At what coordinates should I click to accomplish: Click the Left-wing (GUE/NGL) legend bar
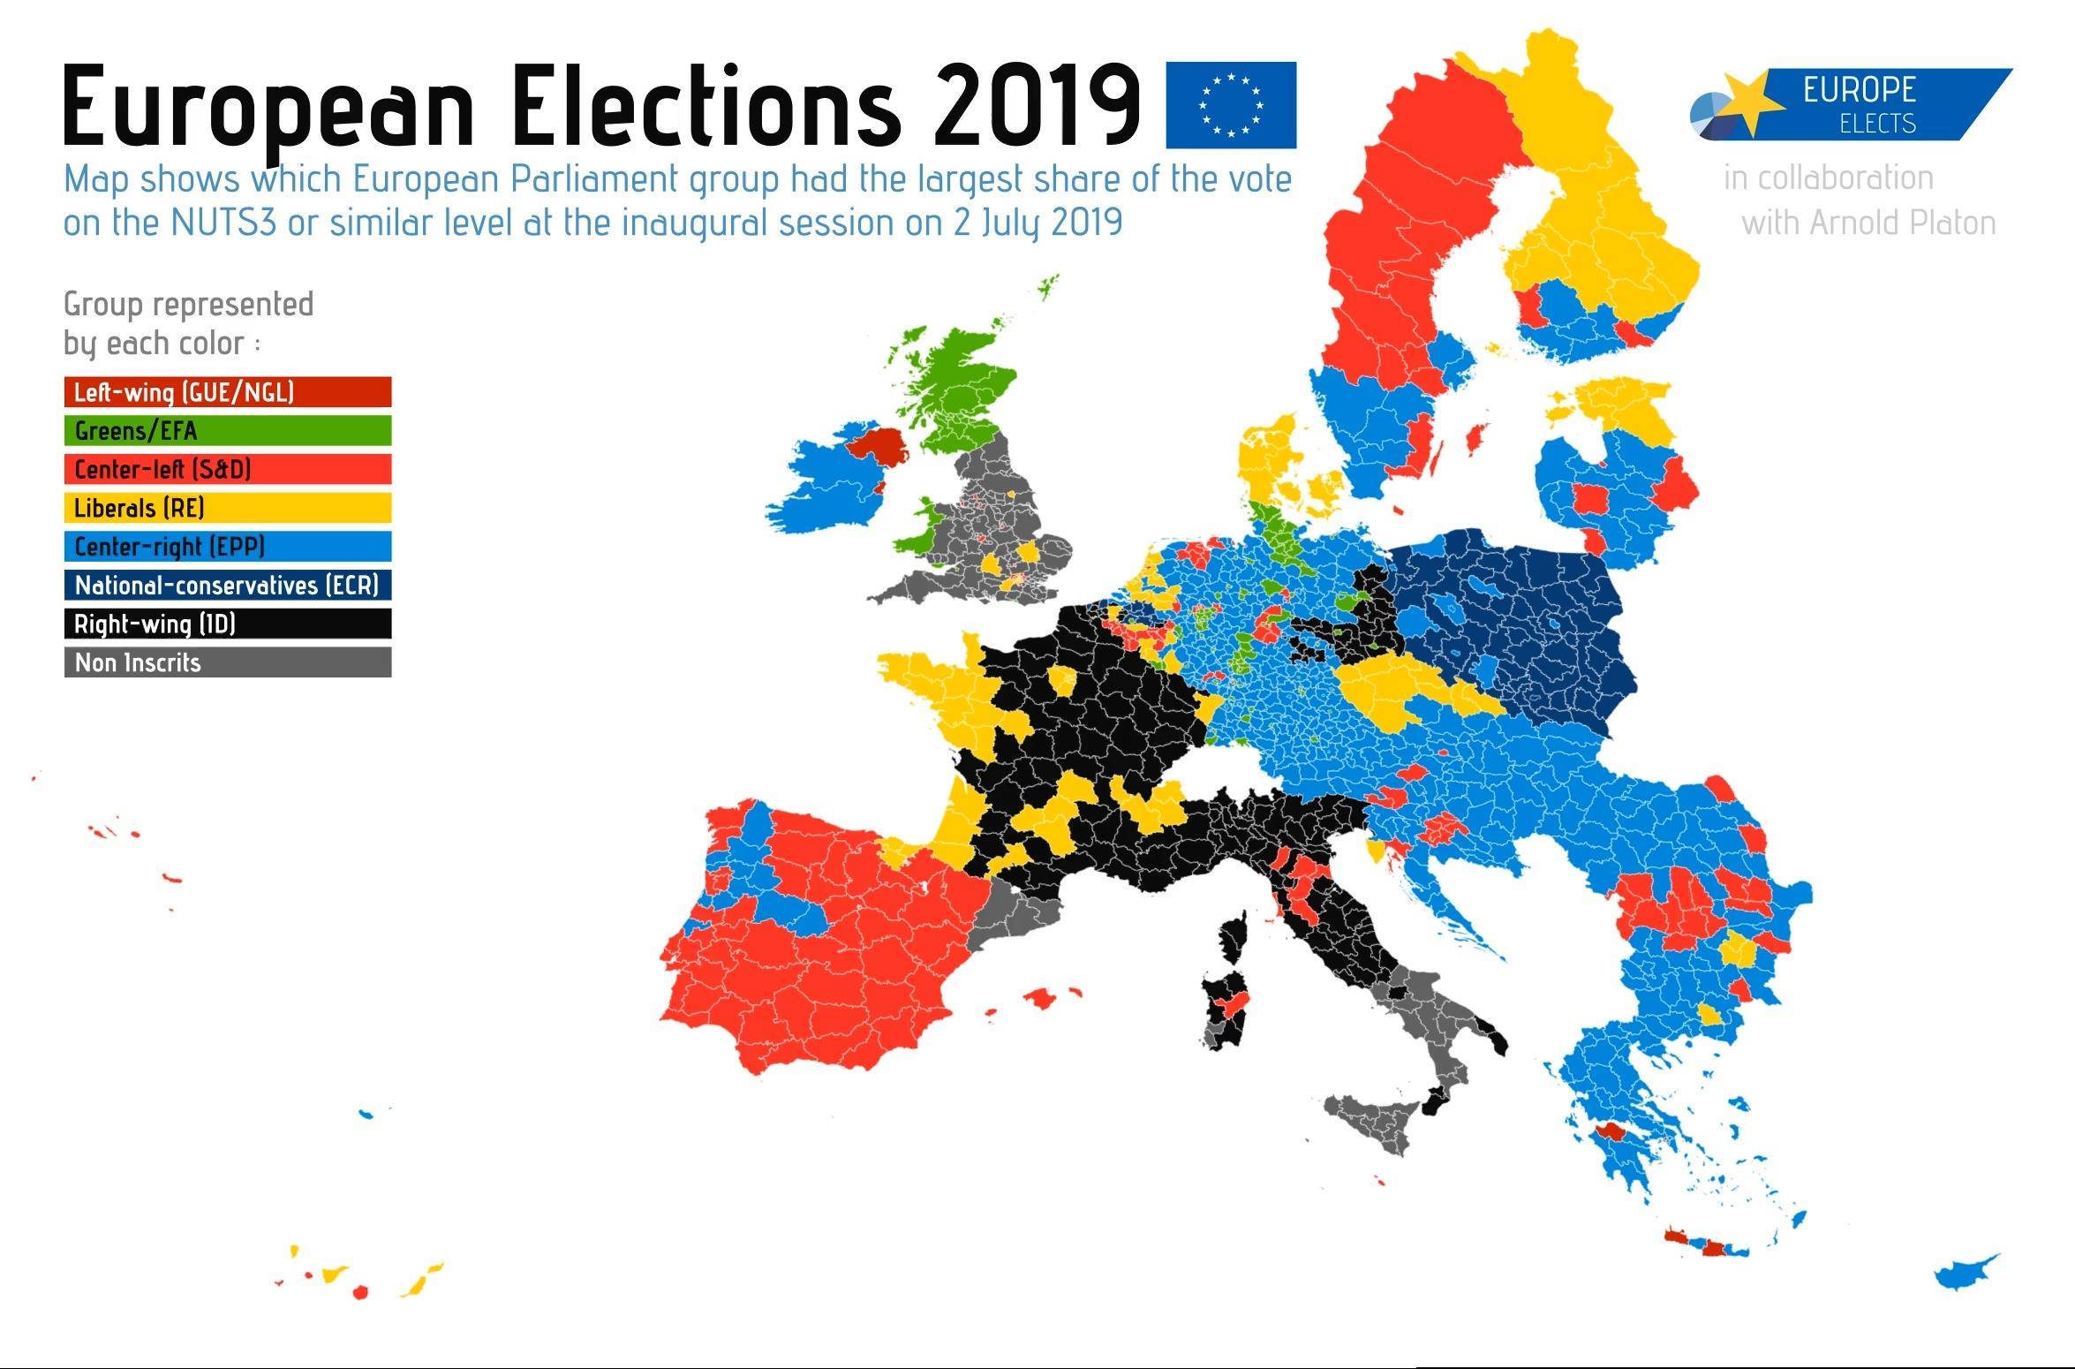pyautogui.click(x=228, y=392)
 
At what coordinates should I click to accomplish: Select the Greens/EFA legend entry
pyautogui.click(x=228, y=431)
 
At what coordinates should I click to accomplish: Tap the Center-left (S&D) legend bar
pyautogui.click(x=228, y=469)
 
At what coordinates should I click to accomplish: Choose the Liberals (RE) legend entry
pyautogui.click(x=228, y=508)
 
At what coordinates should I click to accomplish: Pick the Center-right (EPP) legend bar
pyautogui.click(x=228, y=547)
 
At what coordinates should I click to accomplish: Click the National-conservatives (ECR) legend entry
pyautogui.click(x=228, y=586)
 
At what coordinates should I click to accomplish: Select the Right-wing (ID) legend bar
pyautogui.click(x=228, y=624)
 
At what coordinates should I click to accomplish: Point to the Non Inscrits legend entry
pyautogui.click(x=228, y=662)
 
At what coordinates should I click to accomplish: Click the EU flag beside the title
pyautogui.click(x=1231, y=105)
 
